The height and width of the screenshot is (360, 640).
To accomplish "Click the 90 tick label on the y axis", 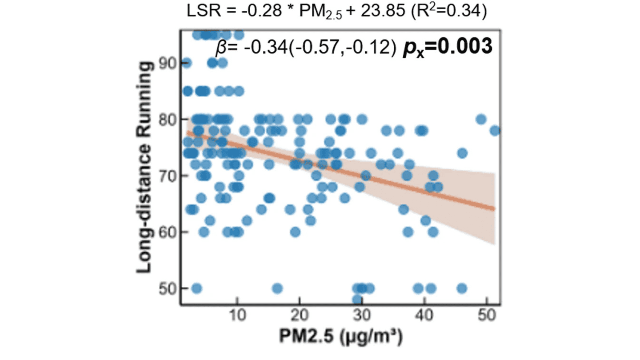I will [x=167, y=63].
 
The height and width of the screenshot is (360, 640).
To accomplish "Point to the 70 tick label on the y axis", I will [x=167, y=176].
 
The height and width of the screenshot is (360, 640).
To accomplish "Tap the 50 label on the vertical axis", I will [x=167, y=289].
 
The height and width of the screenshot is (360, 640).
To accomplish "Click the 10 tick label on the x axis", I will [x=237, y=315].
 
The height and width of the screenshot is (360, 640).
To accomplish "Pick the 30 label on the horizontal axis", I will [x=362, y=315].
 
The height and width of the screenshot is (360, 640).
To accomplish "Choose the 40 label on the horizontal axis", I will [x=424, y=315].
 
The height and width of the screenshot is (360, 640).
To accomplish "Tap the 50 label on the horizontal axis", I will [x=487, y=315].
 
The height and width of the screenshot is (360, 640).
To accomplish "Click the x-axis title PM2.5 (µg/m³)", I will [x=341, y=337].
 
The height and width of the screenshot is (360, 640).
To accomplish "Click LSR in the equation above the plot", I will [x=204, y=11].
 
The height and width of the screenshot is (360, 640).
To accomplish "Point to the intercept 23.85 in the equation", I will [x=383, y=11].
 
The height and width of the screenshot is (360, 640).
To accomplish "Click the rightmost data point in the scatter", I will [x=495, y=131].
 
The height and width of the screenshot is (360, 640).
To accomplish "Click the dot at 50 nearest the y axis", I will [x=197, y=288].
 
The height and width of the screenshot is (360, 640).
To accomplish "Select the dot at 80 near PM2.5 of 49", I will [x=481, y=119].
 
